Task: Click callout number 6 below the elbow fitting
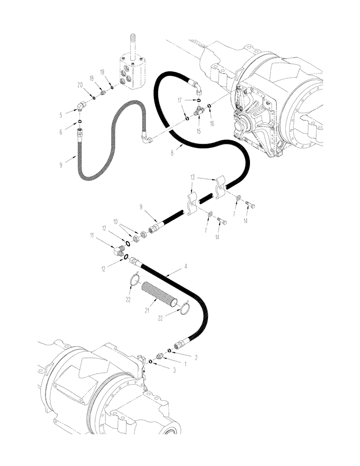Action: (x=61, y=132)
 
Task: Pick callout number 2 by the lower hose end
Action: (x=196, y=358)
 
